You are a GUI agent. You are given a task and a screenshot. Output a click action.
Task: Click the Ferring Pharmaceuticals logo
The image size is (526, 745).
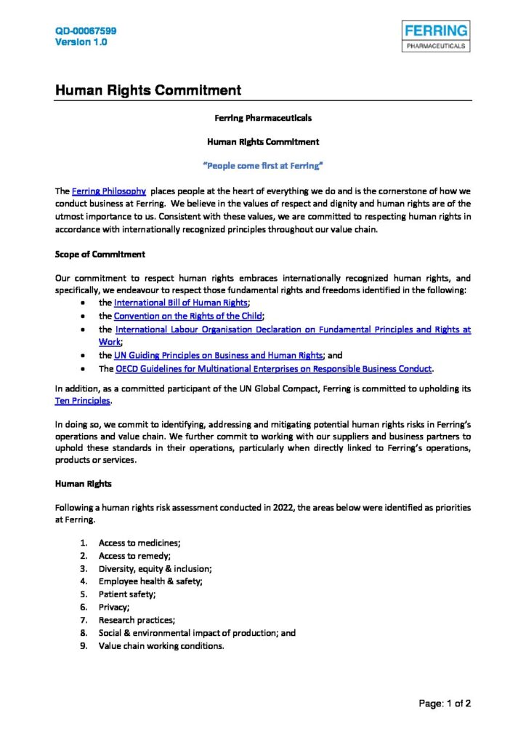click(x=436, y=36)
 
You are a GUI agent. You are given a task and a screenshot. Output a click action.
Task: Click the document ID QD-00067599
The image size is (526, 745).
click(x=86, y=31)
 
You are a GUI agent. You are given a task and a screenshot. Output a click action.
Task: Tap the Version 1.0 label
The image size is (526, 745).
click(x=81, y=42)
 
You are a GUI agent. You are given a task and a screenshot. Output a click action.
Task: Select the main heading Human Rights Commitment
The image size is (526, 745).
click(x=147, y=91)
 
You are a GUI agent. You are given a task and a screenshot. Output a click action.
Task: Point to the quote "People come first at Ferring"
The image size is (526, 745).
click(x=262, y=166)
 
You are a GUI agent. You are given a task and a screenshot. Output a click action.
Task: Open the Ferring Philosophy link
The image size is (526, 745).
click(x=109, y=191)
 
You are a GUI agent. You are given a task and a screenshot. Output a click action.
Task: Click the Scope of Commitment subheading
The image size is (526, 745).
click(x=100, y=254)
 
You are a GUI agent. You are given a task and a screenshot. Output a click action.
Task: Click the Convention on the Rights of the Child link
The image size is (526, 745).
click(x=188, y=316)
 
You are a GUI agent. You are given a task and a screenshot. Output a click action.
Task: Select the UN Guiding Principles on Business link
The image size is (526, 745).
click(x=218, y=355)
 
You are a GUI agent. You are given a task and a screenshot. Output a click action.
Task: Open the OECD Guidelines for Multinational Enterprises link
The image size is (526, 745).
click(x=274, y=368)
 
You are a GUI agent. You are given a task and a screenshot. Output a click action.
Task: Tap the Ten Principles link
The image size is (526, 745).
click(x=83, y=401)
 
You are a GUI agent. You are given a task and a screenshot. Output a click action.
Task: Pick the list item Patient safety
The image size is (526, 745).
click(x=127, y=594)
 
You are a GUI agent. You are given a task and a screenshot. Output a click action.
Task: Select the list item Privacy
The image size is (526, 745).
click(x=114, y=607)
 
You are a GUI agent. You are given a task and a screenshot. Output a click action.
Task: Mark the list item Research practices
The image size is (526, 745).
click(x=137, y=620)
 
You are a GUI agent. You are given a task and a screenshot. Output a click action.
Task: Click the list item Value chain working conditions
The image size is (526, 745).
click(x=161, y=645)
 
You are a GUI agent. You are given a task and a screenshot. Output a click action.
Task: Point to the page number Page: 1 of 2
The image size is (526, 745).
click(x=445, y=704)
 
